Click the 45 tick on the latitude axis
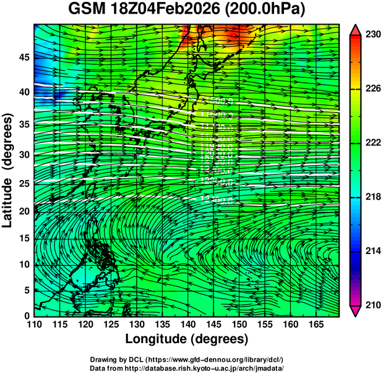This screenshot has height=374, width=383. point(23,57)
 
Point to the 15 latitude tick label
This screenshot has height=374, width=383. point(23,239)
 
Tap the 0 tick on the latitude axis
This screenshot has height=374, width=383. point(26,315)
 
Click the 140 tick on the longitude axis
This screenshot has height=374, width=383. point(187,325)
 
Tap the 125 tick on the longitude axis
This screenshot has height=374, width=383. point(111,325)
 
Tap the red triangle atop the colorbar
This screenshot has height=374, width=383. point(355,29)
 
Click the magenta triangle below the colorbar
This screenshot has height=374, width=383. point(355,311)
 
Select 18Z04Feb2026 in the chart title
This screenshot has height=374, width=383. point(178,11)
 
